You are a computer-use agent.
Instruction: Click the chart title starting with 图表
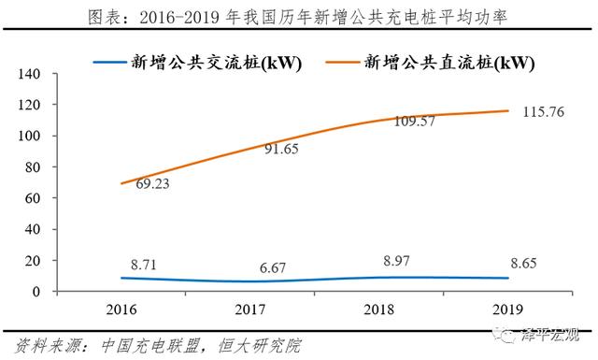pos(299,17)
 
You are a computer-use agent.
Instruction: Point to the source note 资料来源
pos(159,343)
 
